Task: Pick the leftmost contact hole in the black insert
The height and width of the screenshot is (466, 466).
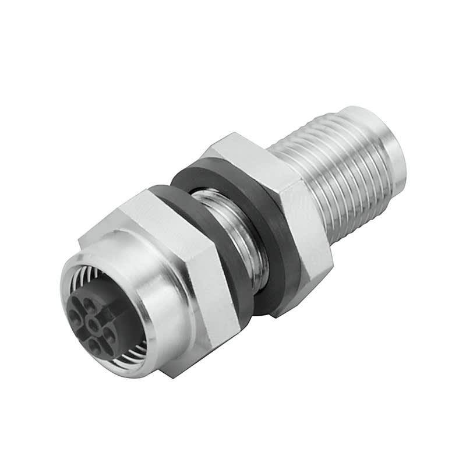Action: (75, 317)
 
